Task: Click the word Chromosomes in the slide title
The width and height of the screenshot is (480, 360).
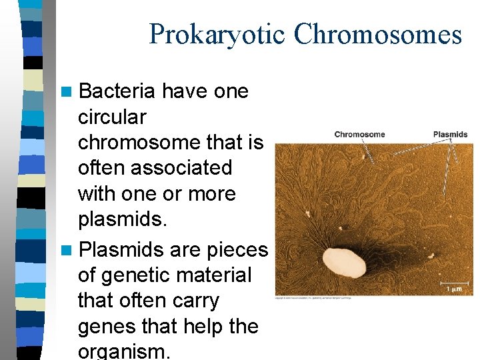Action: [x=378, y=35]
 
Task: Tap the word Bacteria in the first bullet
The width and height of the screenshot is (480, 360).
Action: [x=117, y=91]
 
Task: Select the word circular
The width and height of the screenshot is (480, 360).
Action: [x=112, y=117]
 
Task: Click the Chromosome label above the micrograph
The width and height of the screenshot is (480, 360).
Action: [x=359, y=134]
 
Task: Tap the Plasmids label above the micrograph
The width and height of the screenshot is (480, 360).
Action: [x=450, y=134]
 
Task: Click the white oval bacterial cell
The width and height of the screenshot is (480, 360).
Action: [x=344, y=263]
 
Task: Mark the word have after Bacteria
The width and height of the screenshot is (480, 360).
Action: [x=185, y=91]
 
